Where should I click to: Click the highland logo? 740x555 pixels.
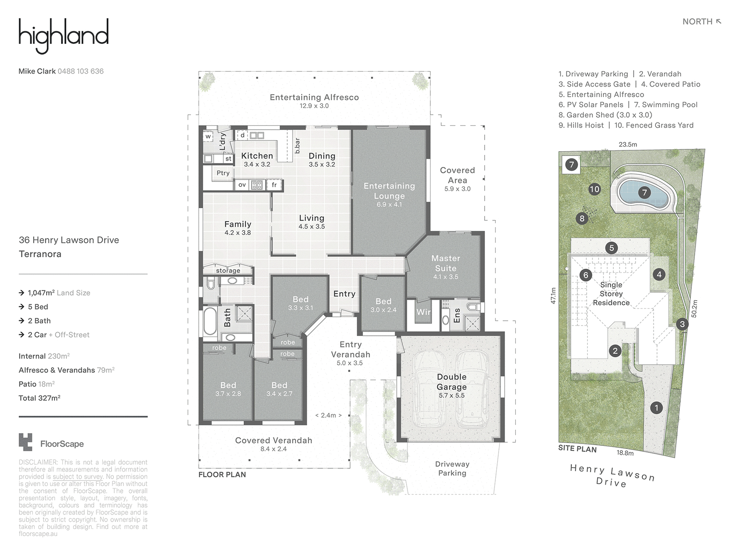point(63,36)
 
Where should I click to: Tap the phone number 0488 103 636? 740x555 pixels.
point(80,71)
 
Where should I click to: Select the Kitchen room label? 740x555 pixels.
point(257,156)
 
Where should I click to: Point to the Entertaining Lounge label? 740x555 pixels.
point(389,191)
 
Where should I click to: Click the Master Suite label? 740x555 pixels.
point(446,263)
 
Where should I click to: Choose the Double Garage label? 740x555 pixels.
point(452,382)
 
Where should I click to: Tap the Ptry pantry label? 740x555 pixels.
point(223,173)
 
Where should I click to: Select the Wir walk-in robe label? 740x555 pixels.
point(424,312)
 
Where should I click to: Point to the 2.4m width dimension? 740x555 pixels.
point(328,415)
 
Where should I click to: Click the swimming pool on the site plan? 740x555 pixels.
point(644,193)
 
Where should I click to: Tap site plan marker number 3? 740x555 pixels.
point(682,324)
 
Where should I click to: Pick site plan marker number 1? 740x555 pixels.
point(656,408)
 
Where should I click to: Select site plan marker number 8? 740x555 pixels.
point(582,218)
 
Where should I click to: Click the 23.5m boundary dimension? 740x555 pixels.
point(628,145)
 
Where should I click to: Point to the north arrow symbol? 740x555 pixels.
point(718,22)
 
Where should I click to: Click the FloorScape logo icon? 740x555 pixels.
point(25,442)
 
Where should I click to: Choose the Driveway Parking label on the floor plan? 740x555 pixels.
point(452,469)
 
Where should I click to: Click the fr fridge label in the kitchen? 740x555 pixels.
point(274,185)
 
